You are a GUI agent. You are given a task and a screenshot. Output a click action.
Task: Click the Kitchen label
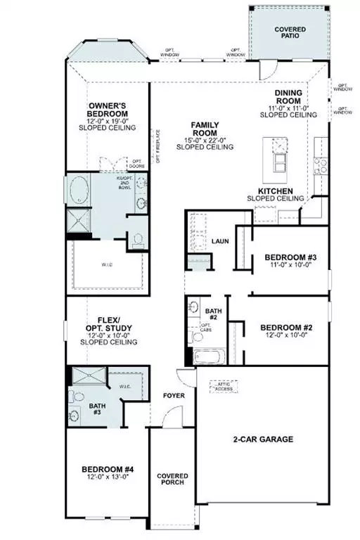pyautogui.click(x=280, y=191)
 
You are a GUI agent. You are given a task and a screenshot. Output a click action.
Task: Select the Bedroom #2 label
pyautogui.click(x=286, y=328)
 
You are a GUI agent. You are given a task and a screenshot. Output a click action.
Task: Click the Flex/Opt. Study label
pyautogui.click(x=108, y=326)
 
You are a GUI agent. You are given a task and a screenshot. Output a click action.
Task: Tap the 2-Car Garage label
pyautogui.click(x=263, y=440)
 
